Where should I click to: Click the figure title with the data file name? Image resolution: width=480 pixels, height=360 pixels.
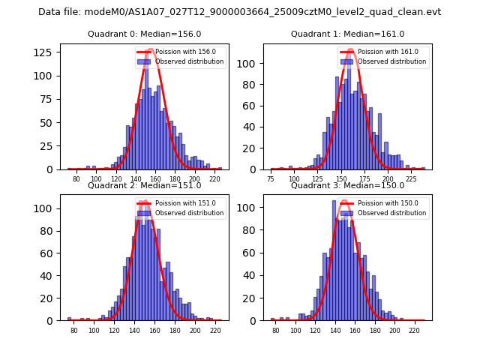(x=239, y=12)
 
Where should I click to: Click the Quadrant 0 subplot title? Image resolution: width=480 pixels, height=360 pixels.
(x=144, y=34)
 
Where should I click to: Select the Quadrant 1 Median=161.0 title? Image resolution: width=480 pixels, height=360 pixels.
(x=347, y=34)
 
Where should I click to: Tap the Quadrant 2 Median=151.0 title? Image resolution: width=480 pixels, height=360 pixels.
(x=144, y=185)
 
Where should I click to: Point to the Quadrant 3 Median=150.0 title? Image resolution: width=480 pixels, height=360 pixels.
(x=347, y=185)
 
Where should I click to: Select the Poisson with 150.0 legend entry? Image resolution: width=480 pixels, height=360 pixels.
(x=391, y=203)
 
